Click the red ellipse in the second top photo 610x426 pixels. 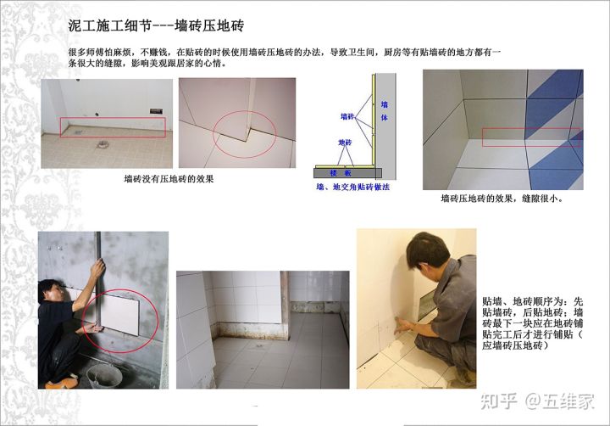[244, 132]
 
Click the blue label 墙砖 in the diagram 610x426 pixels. [347, 115]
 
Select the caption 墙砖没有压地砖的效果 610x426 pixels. [169, 179]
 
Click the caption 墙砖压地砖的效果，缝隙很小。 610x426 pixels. [502, 199]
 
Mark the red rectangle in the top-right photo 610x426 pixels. [530, 137]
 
